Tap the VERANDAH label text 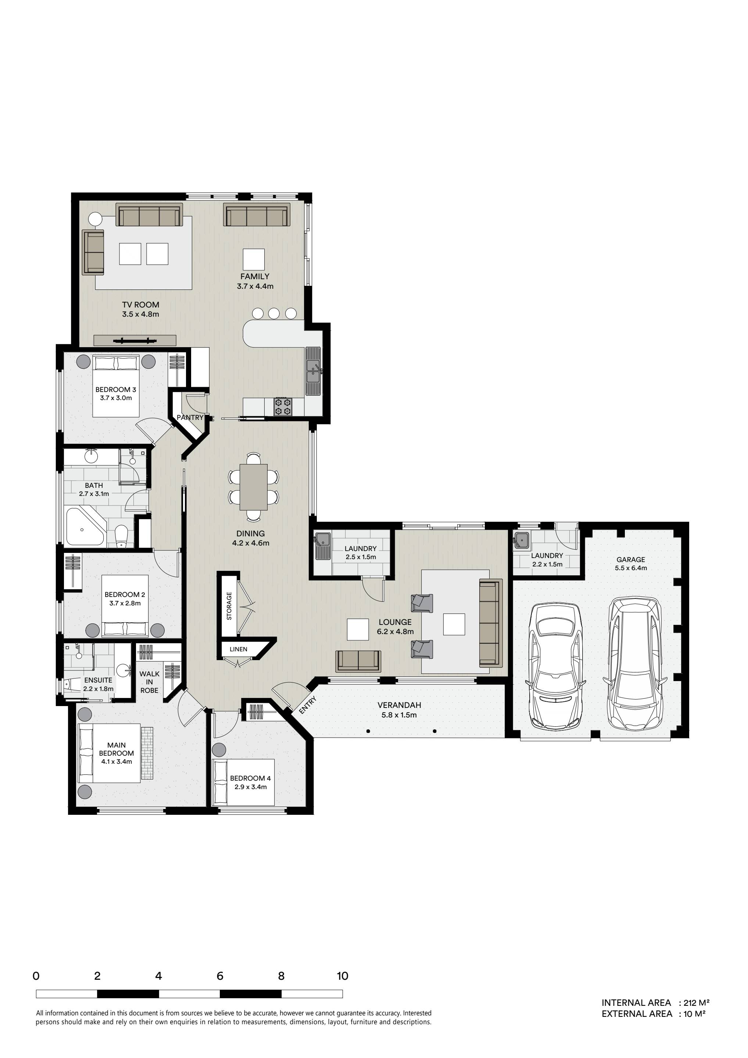pyautogui.click(x=399, y=705)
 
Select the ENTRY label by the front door pyautogui.click(x=308, y=705)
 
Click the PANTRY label pyautogui.click(x=190, y=417)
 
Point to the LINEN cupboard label pyautogui.click(x=239, y=649)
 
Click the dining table pyautogui.click(x=253, y=487)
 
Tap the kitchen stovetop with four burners pyautogui.click(x=283, y=406)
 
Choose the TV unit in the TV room pyautogui.click(x=135, y=341)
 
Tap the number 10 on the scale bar pyautogui.click(x=342, y=976)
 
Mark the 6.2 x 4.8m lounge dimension pyautogui.click(x=395, y=632)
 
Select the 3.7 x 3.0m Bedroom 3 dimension pyautogui.click(x=116, y=398)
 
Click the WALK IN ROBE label pyautogui.click(x=149, y=682)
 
